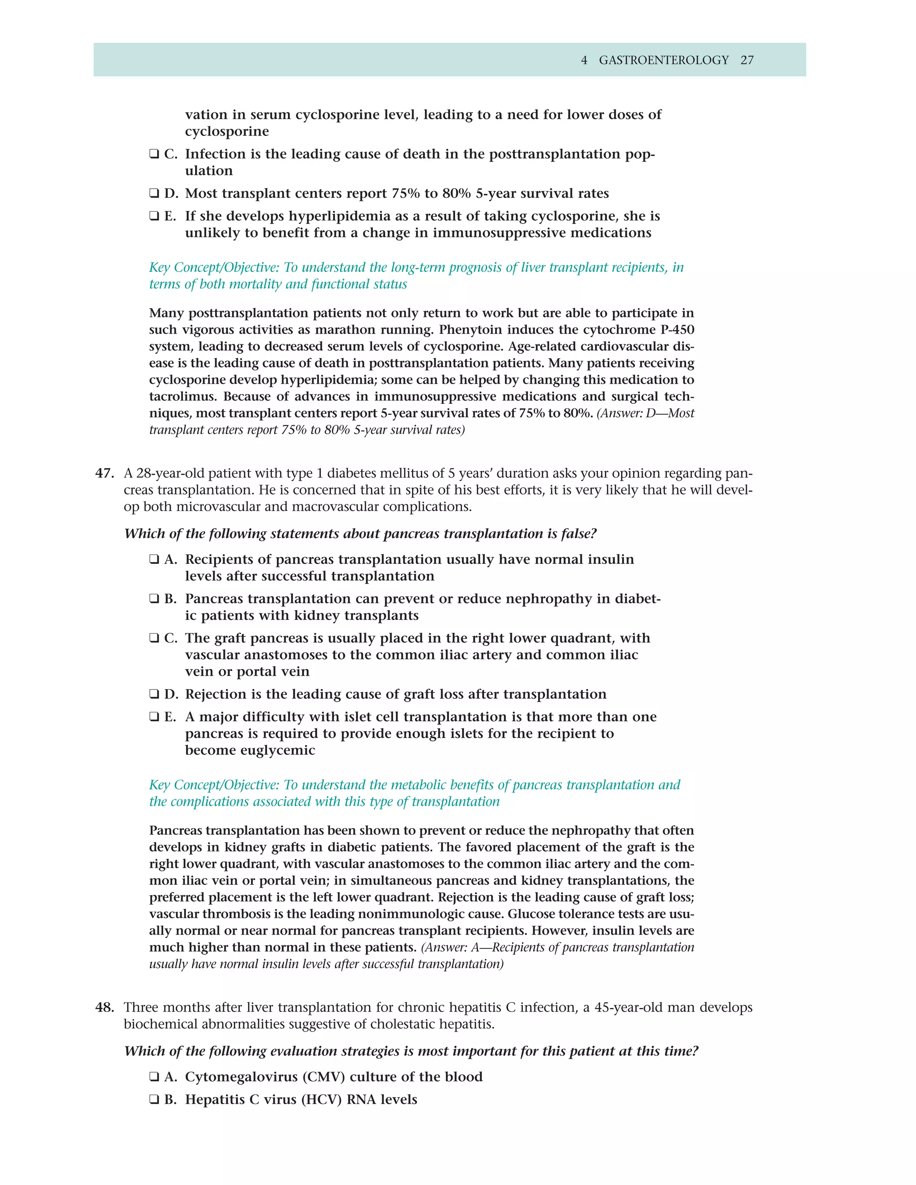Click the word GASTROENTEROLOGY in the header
coord(663,60)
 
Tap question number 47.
coord(104,474)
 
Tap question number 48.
coord(104,1007)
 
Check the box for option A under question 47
coord(154,559)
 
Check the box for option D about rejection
coord(154,694)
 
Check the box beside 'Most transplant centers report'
coord(154,193)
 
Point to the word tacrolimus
coord(183,397)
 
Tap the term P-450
coord(674,330)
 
